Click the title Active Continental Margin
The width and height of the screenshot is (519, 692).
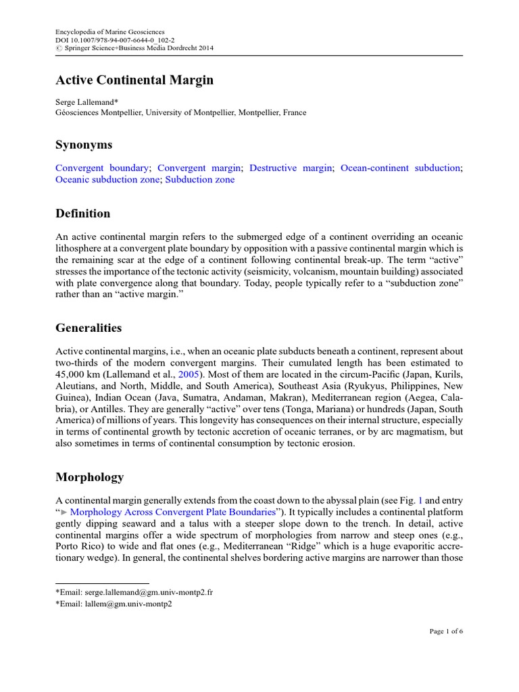coord(134,80)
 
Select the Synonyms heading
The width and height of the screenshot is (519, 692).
coord(84,145)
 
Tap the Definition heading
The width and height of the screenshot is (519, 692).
coord(82,214)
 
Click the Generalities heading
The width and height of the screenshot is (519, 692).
coord(89,328)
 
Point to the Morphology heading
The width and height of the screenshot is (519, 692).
coord(89,477)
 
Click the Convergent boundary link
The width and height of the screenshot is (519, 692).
coord(102,168)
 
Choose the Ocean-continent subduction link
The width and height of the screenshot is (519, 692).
coord(400,168)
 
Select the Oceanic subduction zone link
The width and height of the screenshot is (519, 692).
coord(107,180)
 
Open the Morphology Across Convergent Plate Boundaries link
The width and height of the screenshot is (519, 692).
coord(172,512)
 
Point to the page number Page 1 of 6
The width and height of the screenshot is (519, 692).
coord(446,631)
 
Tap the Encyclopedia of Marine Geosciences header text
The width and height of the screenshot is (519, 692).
coord(109,31)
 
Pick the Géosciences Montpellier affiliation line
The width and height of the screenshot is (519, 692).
coord(180,112)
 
